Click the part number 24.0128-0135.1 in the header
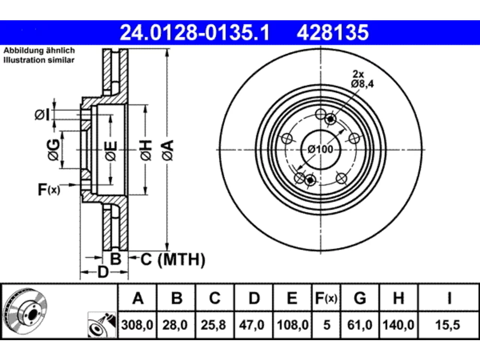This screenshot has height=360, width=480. (x=195, y=33)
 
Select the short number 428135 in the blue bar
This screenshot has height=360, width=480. (x=333, y=33)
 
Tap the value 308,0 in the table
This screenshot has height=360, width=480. (x=137, y=325)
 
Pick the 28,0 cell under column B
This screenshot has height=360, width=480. (x=175, y=325)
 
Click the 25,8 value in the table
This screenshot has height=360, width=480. (x=213, y=325)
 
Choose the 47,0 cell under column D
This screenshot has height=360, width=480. (x=252, y=325)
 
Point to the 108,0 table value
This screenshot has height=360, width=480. (x=292, y=325)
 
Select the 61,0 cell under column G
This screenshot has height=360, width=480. (x=360, y=325)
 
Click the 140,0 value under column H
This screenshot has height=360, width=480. (x=398, y=325)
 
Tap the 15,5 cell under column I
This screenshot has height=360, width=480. (x=448, y=325)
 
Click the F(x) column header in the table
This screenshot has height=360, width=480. (x=326, y=298)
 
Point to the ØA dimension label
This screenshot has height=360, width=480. (x=168, y=150)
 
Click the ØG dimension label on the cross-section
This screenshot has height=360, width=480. (x=53, y=150)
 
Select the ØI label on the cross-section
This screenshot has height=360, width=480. (x=42, y=115)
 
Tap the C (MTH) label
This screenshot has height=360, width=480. (x=173, y=259)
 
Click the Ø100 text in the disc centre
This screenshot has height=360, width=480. (x=321, y=150)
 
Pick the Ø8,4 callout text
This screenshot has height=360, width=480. (x=362, y=84)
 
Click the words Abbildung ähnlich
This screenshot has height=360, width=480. (x=39, y=51)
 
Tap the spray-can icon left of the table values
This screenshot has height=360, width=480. (x=102, y=325)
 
